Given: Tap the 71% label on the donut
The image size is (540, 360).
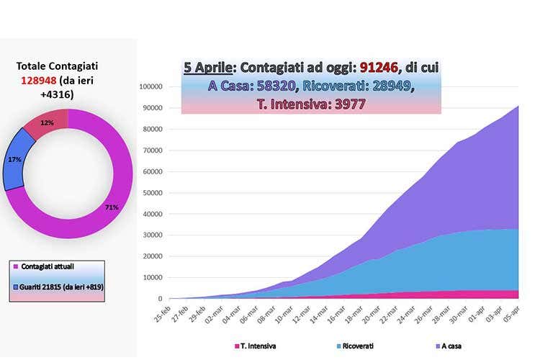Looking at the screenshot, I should tap(111, 207).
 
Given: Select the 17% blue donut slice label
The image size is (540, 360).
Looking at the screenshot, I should tap(14, 159).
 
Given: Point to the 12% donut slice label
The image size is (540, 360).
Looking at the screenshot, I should tap(48, 123).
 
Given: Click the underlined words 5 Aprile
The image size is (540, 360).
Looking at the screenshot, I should tap(208, 69).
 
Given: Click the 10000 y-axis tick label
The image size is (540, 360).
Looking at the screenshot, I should tap(153, 278).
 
